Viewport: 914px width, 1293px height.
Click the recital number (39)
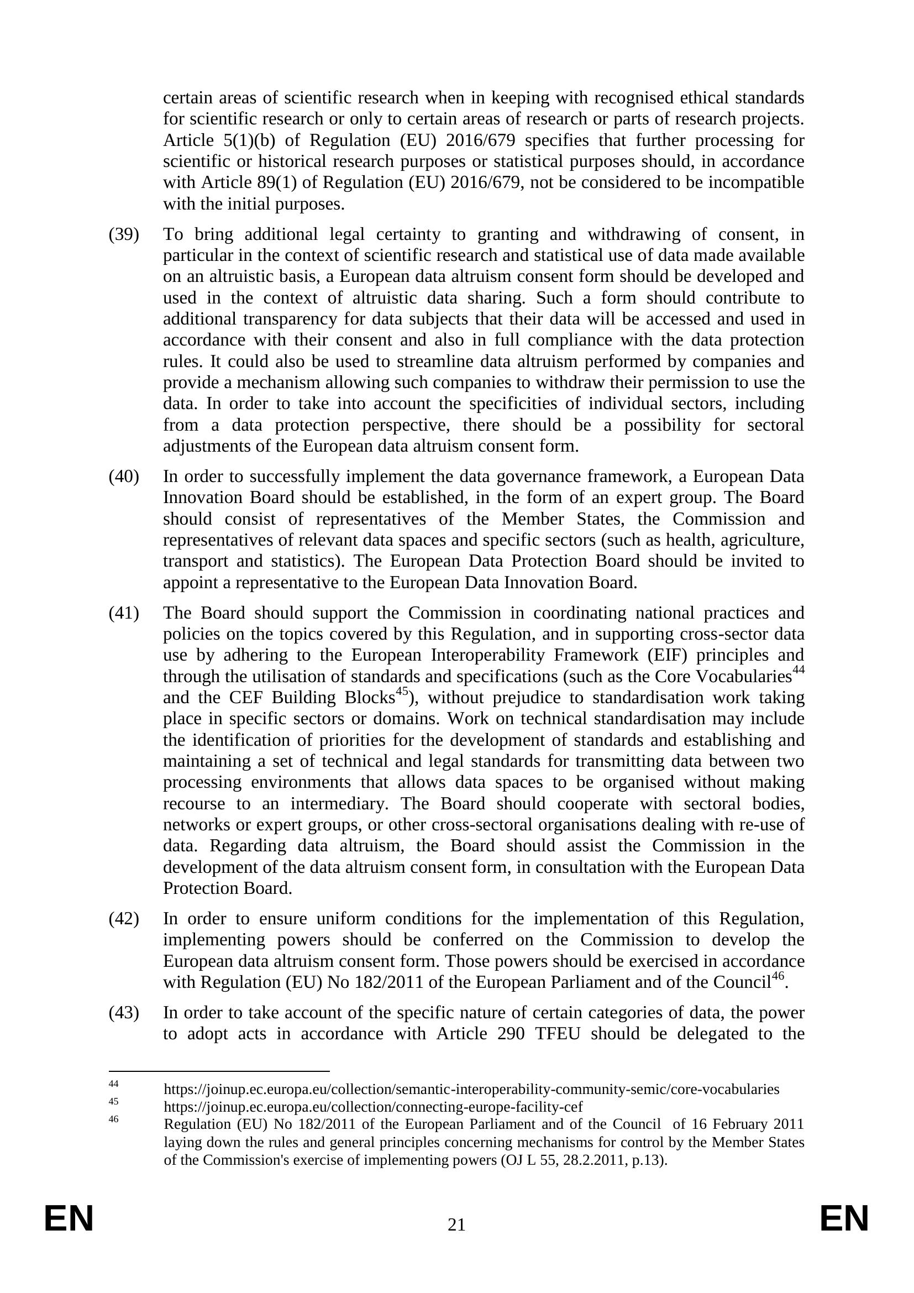[123, 234]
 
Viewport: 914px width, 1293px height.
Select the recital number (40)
[123, 477]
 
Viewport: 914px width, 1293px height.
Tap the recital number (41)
[123, 613]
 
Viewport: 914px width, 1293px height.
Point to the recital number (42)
[123, 919]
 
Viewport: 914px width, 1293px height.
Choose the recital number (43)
[123, 1013]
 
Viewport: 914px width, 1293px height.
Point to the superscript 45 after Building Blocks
[401, 692]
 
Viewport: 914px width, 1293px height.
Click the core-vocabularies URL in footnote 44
[471, 1089]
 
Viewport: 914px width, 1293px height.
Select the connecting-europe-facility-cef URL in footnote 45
[372, 1107]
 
